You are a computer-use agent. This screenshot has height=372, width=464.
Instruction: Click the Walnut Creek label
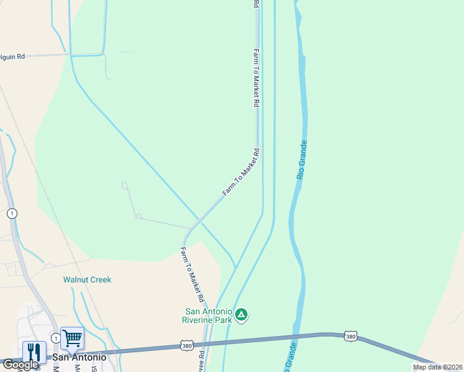point(87,280)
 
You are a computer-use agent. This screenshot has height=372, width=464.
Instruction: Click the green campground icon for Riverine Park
point(242,315)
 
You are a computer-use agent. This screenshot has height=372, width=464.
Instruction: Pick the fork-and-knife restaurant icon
point(34,352)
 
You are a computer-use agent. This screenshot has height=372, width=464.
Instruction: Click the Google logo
point(21,365)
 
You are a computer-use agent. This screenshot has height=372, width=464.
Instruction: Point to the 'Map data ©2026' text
point(437,367)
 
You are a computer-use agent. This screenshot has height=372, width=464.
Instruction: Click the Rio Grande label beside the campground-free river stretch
point(302,160)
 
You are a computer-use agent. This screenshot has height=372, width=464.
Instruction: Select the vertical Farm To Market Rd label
point(256,78)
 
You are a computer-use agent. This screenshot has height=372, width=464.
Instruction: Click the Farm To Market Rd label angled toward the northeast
point(241,172)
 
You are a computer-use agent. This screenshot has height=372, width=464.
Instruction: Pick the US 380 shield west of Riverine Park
point(187,344)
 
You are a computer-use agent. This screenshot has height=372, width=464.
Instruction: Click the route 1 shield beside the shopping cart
point(56,338)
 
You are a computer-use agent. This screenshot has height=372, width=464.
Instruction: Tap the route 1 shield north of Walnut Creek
point(12,213)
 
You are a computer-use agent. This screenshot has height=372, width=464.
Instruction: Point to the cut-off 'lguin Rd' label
point(12,56)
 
